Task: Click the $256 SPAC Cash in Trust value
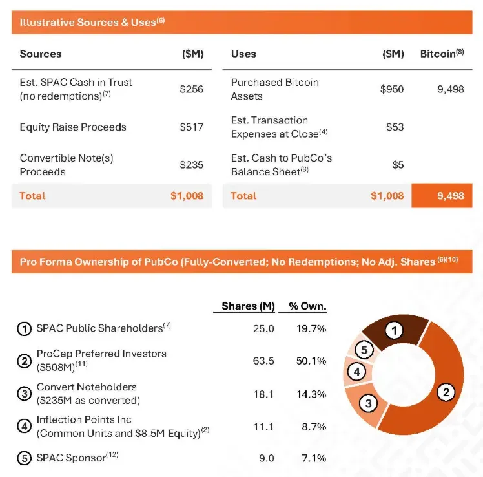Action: click(x=192, y=89)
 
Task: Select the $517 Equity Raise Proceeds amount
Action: click(x=192, y=127)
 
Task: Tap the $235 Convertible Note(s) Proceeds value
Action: click(x=192, y=165)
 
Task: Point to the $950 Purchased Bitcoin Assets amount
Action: click(x=392, y=89)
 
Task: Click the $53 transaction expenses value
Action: click(x=395, y=127)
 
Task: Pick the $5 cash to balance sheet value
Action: click(x=398, y=165)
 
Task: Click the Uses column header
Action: click(x=243, y=54)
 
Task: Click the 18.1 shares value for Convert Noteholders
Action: click(x=263, y=394)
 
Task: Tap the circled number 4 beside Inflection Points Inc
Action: click(x=24, y=427)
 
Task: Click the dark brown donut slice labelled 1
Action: click(x=394, y=332)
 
